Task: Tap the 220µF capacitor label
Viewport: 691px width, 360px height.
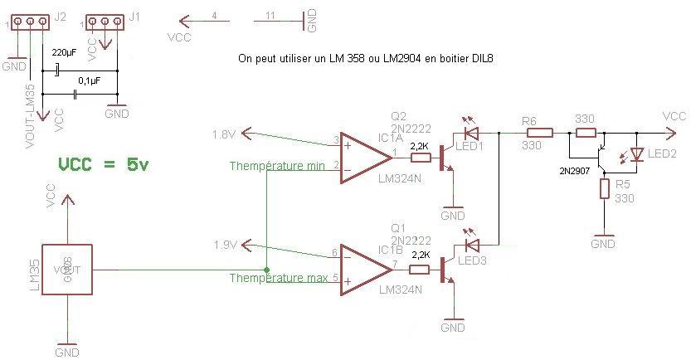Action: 65,53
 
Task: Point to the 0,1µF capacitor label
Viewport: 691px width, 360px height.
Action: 90,80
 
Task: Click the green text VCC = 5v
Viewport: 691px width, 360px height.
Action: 104,164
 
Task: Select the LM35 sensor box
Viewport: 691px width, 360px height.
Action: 67,269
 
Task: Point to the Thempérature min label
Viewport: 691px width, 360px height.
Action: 277,166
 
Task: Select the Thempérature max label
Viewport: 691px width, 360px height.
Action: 278,278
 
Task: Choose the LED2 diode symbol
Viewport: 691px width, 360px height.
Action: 637,154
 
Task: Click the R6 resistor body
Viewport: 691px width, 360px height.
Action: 540,132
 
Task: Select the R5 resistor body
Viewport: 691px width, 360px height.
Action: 606,188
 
